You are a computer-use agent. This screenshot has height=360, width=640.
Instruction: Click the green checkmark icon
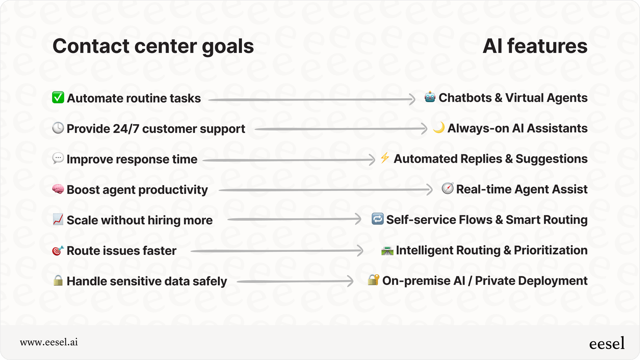click(x=58, y=98)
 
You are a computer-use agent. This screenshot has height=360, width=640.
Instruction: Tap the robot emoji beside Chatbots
click(x=430, y=97)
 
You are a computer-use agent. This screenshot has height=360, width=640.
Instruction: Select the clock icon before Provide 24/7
click(x=58, y=128)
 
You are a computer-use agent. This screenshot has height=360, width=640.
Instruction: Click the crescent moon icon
click(x=438, y=127)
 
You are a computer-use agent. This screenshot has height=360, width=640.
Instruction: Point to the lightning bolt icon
click(x=385, y=158)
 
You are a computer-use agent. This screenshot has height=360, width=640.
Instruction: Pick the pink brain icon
click(x=58, y=189)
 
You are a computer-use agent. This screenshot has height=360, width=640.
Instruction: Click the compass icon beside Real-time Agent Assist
click(x=447, y=188)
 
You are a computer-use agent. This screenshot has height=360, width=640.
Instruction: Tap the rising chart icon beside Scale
click(x=58, y=219)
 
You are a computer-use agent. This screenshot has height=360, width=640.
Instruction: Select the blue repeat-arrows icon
click(x=378, y=219)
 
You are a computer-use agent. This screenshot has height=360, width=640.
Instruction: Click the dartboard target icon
click(x=58, y=250)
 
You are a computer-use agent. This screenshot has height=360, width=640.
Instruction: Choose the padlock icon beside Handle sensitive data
click(x=58, y=280)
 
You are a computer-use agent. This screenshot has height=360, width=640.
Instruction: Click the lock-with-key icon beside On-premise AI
click(x=373, y=280)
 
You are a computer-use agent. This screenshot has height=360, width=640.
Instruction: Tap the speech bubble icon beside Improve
click(x=58, y=158)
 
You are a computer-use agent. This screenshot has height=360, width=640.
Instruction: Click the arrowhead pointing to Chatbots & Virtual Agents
click(x=412, y=99)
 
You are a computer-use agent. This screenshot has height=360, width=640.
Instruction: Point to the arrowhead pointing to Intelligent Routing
click(x=360, y=251)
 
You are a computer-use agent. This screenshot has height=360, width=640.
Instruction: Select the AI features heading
click(x=535, y=46)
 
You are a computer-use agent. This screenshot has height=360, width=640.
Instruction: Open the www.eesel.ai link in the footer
click(x=49, y=342)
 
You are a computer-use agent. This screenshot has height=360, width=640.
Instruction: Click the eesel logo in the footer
click(x=606, y=343)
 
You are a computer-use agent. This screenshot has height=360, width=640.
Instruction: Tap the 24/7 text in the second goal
click(x=126, y=129)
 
